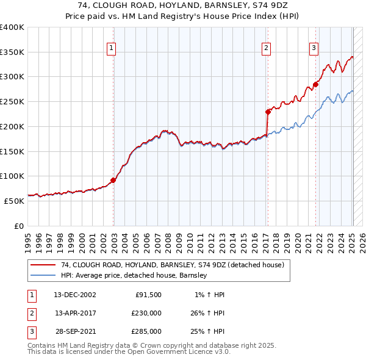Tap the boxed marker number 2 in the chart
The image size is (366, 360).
pyautogui.click(x=267, y=49)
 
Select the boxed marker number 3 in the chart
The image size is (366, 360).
pyautogui.click(x=314, y=49)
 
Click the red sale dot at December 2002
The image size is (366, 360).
pyautogui.click(x=113, y=180)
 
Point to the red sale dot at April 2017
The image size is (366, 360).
pyautogui.click(x=268, y=112)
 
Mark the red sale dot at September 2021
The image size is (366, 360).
pyautogui.click(x=316, y=84)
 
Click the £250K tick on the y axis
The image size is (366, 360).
pyautogui.click(x=12, y=102)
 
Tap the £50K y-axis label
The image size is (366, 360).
pyautogui.click(x=14, y=201)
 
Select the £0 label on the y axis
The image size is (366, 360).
pyautogui.click(x=18, y=226)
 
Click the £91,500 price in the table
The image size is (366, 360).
pyautogui.click(x=146, y=295)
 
